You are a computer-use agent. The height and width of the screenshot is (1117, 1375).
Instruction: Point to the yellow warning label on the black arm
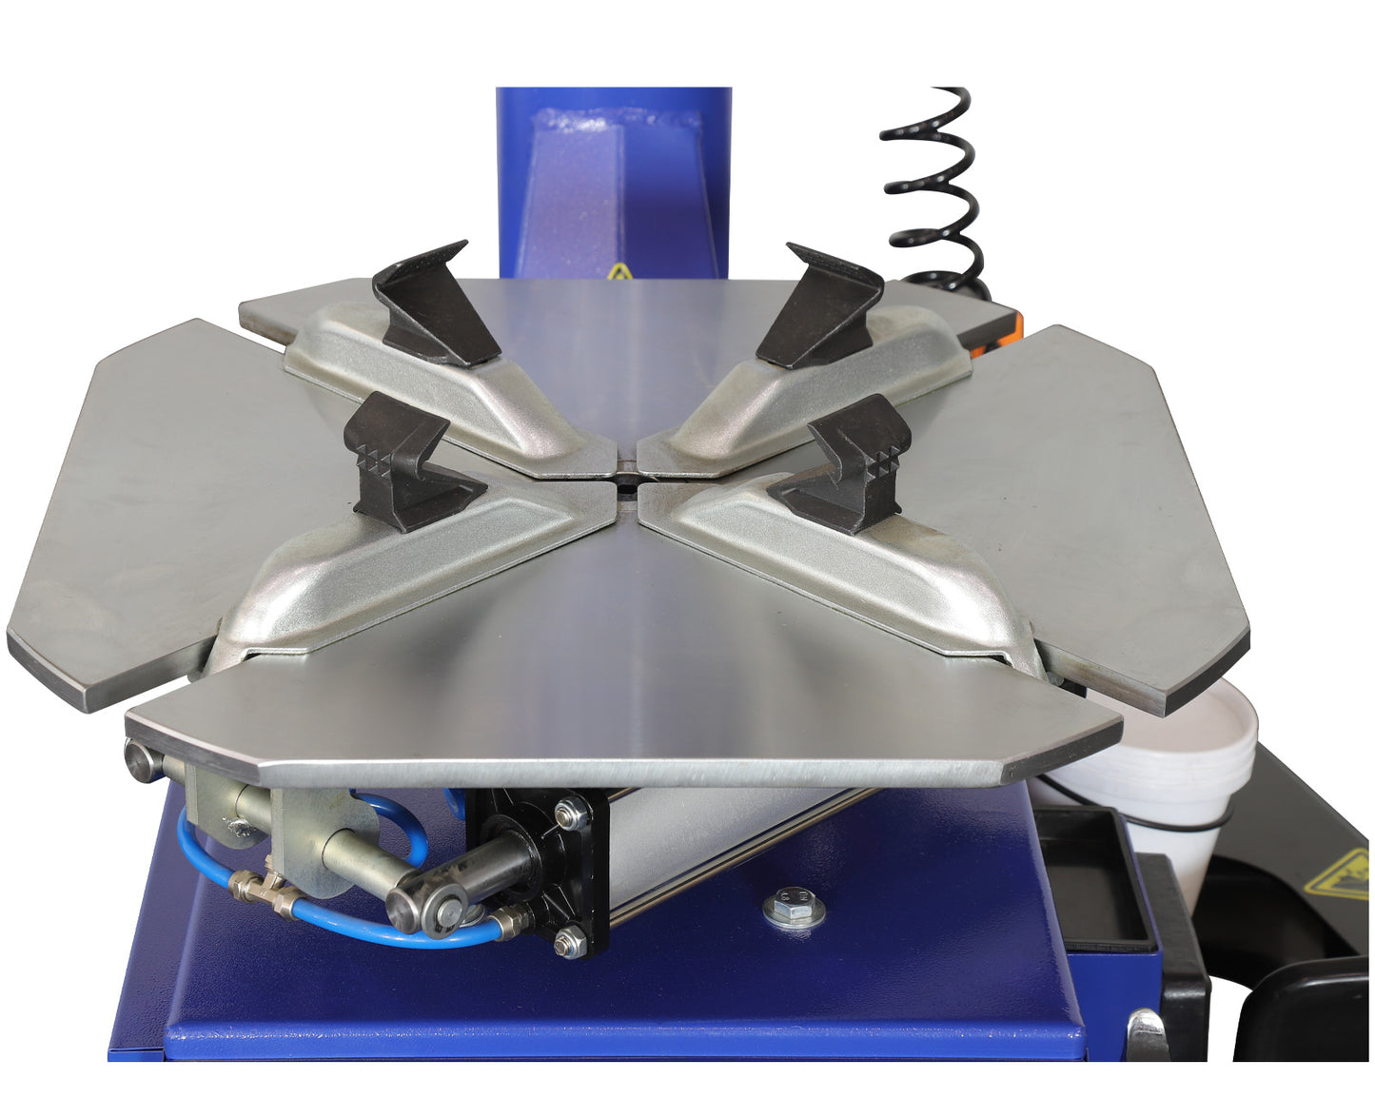coord(1338,875)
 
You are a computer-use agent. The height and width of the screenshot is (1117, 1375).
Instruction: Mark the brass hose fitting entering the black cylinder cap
coord(508,922)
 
